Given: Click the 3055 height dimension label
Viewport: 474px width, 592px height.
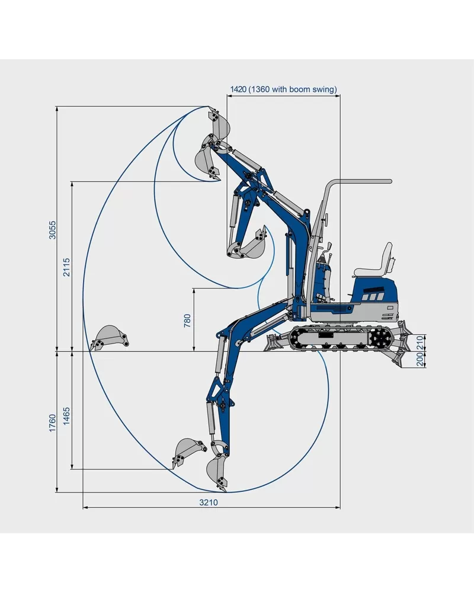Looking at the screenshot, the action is point(53,229).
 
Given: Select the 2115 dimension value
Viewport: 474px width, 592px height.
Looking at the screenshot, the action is point(66,267).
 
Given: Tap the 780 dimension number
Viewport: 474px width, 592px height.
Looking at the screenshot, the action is point(187,320).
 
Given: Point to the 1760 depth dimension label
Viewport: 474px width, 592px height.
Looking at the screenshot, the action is point(53,423).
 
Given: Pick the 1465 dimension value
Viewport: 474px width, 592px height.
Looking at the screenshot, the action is point(66,415).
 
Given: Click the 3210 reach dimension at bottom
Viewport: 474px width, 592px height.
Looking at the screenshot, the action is point(209,502).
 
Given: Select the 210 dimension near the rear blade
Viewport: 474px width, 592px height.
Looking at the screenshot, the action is point(420,343).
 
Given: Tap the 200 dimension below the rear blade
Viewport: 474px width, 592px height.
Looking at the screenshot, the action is point(420,360).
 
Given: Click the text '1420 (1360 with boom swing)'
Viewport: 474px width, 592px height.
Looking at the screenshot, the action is point(283,89).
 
